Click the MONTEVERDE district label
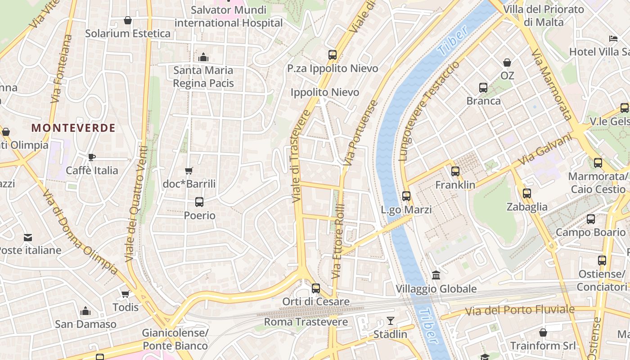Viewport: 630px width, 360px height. [73, 128]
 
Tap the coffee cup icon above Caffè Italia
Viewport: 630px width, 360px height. [92, 157]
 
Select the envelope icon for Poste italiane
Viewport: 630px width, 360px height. [28, 237]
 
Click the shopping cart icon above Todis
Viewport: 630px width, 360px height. [126, 294]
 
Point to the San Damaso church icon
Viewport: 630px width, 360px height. [85, 311]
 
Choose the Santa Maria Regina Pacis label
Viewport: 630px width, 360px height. [203, 76]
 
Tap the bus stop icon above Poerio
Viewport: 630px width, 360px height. [199, 202]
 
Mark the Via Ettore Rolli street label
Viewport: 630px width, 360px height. [338, 241]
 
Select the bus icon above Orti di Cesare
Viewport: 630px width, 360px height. [316, 288]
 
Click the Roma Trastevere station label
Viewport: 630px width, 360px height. [306, 322]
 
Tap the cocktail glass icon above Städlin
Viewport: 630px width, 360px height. [390, 321]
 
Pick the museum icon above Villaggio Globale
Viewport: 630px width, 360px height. [436, 275]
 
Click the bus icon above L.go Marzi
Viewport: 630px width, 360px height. [406, 196]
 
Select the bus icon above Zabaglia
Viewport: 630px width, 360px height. [527, 193]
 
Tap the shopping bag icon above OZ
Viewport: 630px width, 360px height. [507, 63]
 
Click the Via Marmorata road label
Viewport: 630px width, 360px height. [551, 85]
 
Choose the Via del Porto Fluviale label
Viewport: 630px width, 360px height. [520, 310]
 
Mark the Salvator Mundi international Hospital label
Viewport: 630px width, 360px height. [229, 16]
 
